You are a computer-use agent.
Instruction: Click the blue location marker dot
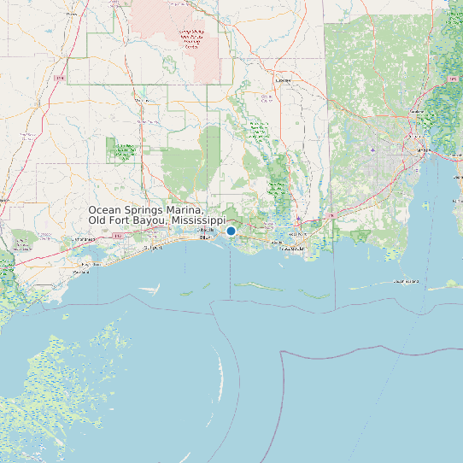coord(231,231)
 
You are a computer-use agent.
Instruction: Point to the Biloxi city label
coord(204,238)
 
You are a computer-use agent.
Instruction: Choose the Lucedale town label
coord(284,81)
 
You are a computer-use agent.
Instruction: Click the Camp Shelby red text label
coord(191,39)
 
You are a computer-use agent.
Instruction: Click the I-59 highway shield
coord(59,78)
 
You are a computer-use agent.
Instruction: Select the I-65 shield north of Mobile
coord(452,79)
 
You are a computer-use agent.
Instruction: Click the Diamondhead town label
coord(85,240)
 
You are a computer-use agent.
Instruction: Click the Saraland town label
coord(418,112)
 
